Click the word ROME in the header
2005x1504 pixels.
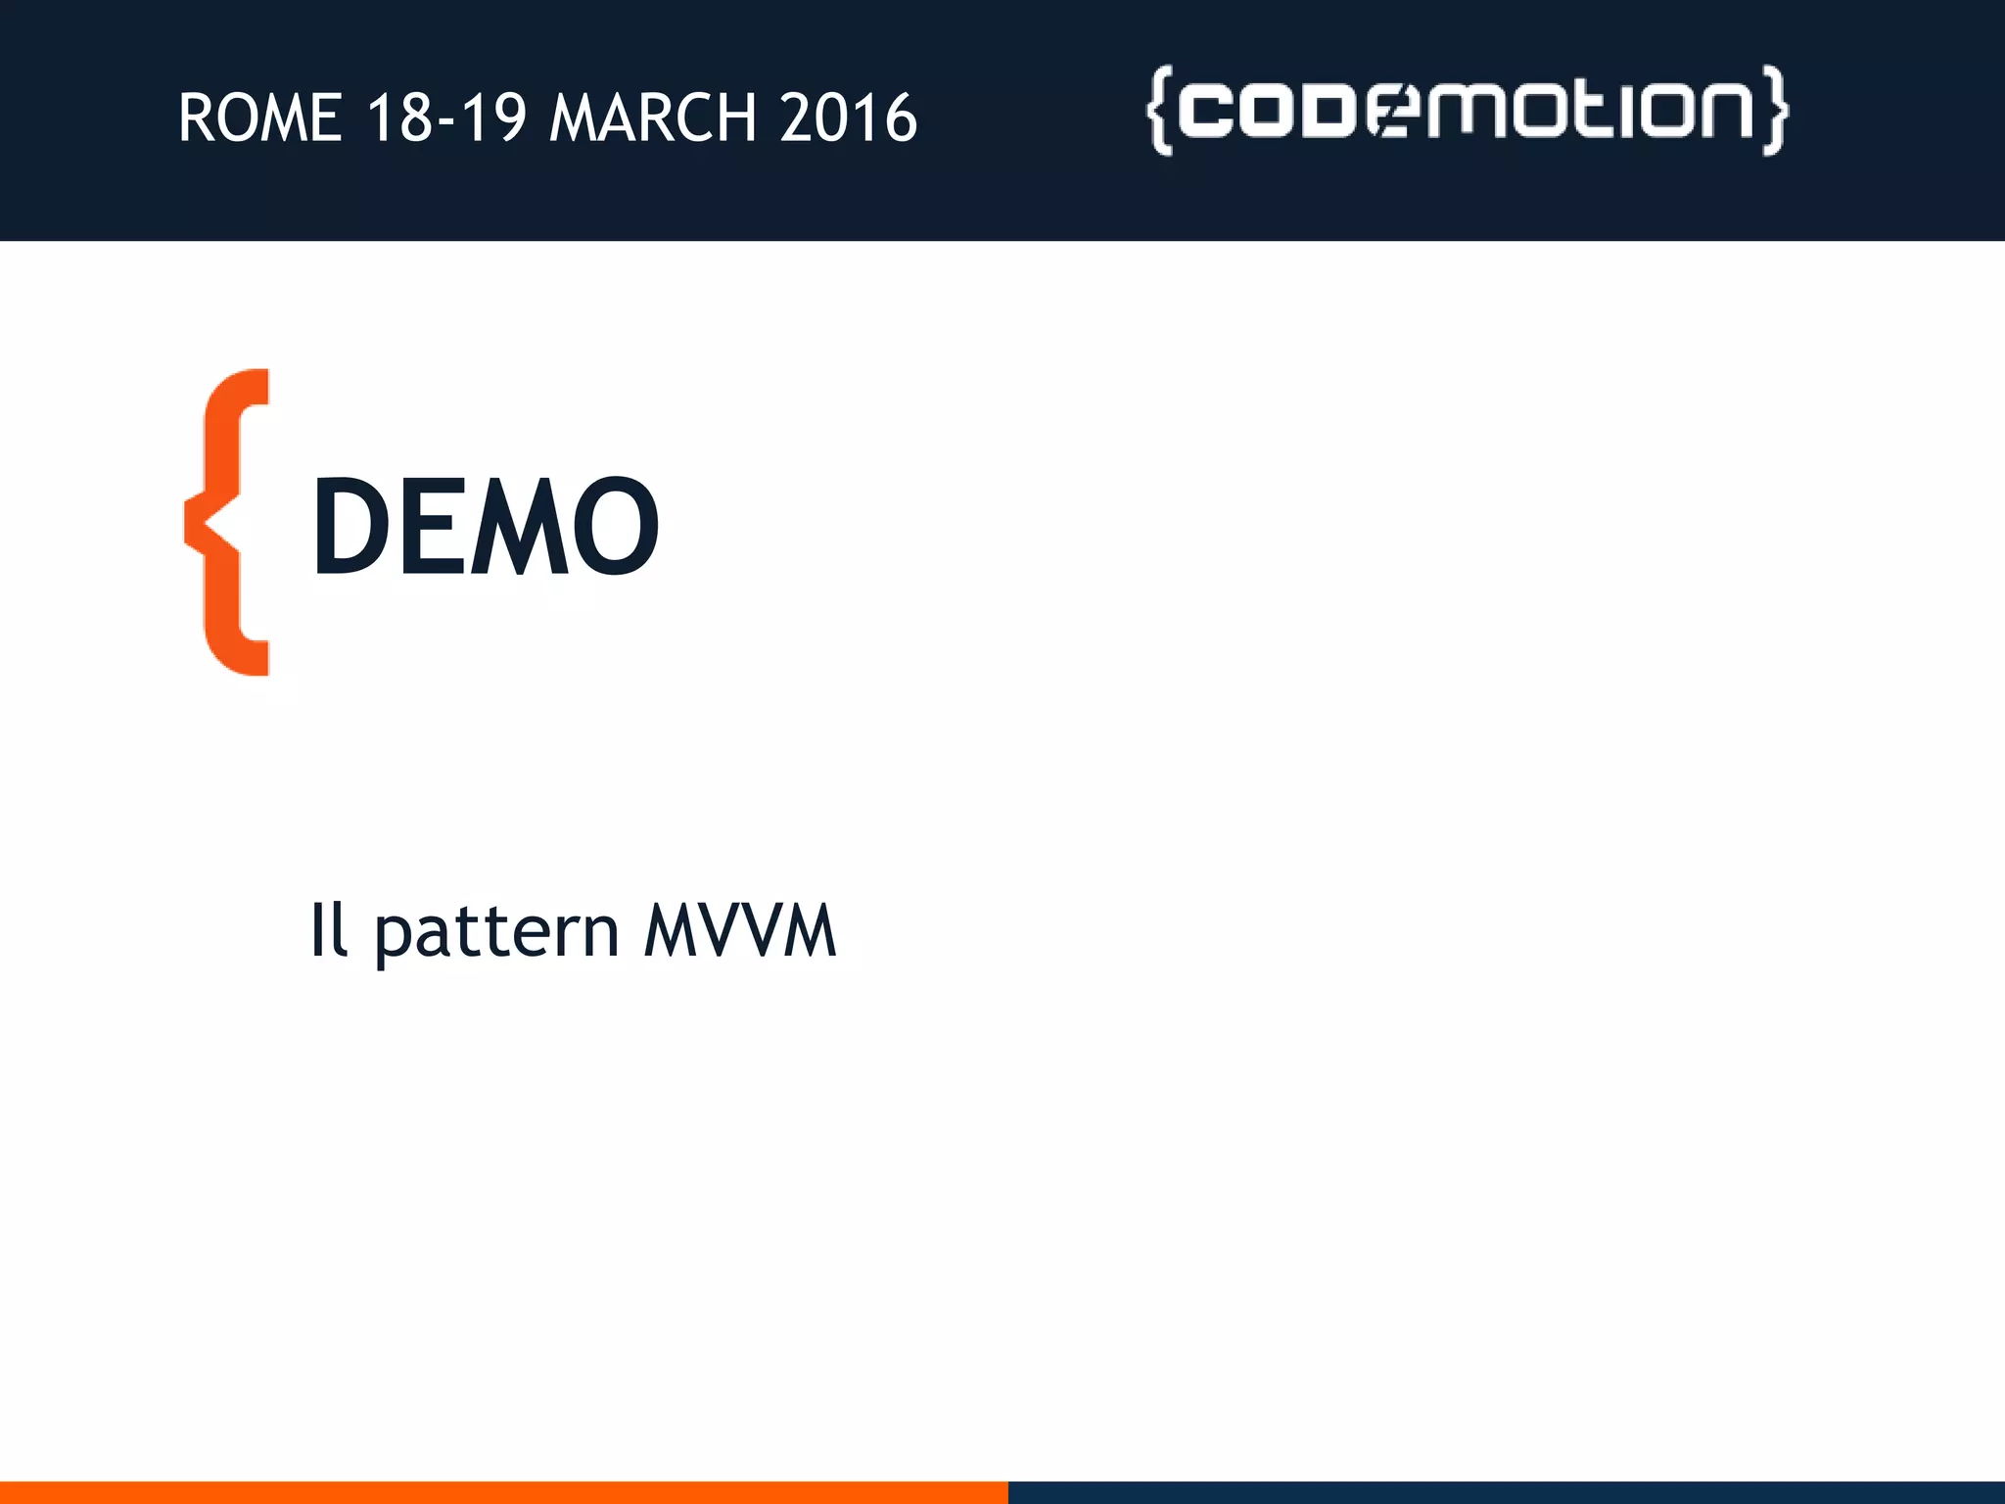point(260,118)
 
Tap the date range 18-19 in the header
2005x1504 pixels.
point(446,118)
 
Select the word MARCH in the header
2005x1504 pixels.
point(653,118)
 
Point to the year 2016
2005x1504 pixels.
point(849,118)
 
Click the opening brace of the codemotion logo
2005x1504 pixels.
point(1159,110)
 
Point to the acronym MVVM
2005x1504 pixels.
point(740,930)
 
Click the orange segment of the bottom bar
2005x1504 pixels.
point(503,1492)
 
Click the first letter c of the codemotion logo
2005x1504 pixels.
point(1210,110)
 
